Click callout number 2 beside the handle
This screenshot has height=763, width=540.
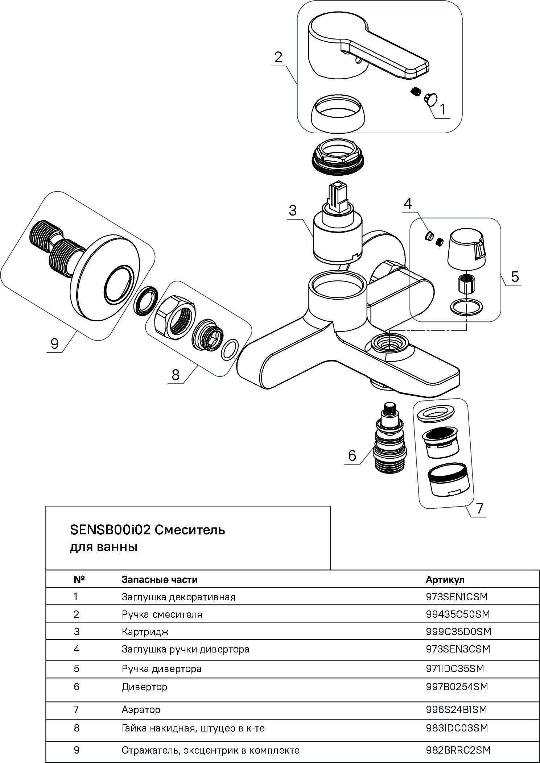point(278,58)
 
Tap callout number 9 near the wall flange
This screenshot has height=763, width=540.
point(54,343)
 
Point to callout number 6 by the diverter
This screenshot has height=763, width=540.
point(352,455)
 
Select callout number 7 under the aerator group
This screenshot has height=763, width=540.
point(479,508)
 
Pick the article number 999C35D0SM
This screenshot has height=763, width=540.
point(458,631)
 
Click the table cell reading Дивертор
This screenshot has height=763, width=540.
point(144,687)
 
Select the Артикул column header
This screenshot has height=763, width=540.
point(445,580)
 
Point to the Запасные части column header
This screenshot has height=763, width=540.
point(160,580)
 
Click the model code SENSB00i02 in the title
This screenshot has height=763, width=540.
point(110,530)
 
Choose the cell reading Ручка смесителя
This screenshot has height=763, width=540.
point(162,614)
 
